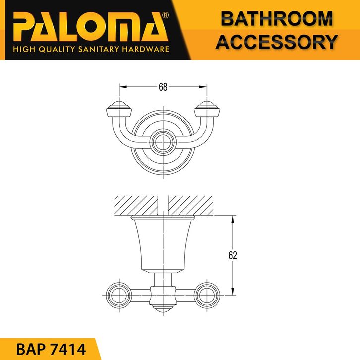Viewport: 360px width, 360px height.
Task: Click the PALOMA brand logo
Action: pyautogui.click(x=91, y=27)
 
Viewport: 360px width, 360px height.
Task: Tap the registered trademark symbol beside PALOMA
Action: pyautogui.click(x=165, y=15)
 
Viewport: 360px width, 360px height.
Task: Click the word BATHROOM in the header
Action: pyautogui.click(x=277, y=19)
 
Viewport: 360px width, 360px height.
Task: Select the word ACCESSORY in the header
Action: pyautogui.click(x=276, y=42)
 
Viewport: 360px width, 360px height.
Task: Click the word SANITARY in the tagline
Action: pyautogui.click(x=99, y=49)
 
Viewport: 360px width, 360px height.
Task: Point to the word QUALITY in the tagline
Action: pyautogui.click(x=57, y=49)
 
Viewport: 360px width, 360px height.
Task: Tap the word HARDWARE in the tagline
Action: pyautogui.click(x=146, y=49)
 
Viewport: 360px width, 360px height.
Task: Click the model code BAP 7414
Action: pyautogui.click(x=51, y=350)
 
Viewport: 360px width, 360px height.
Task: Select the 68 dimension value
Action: pyautogui.click(x=163, y=87)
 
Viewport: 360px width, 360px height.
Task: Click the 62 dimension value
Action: pyautogui.click(x=233, y=255)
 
